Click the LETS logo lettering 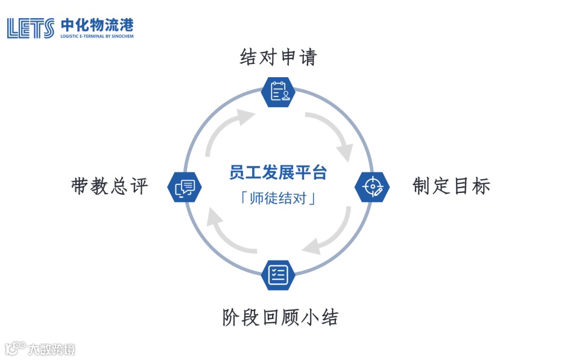(x=30, y=28)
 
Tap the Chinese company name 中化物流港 (x=97, y=25)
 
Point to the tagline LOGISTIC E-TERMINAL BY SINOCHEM (x=97, y=36)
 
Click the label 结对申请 (x=278, y=57)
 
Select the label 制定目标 (x=451, y=186)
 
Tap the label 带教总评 (x=109, y=186)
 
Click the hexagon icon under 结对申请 (x=279, y=92)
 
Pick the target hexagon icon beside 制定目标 (x=372, y=187)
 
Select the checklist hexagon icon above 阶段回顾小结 (x=278, y=275)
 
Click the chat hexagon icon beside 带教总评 (x=185, y=187)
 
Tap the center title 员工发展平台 (x=278, y=172)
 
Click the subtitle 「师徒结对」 (x=278, y=198)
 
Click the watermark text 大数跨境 (x=51, y=349)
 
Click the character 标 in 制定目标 (x=481, y=186)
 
